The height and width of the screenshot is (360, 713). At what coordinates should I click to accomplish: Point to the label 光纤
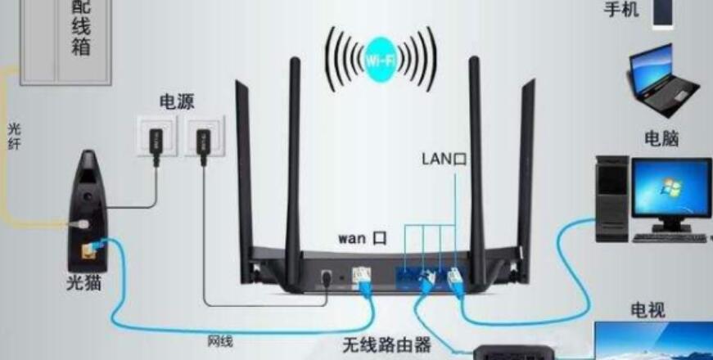point(15,138)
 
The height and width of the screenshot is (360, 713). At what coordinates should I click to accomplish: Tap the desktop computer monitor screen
point(670,189)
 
